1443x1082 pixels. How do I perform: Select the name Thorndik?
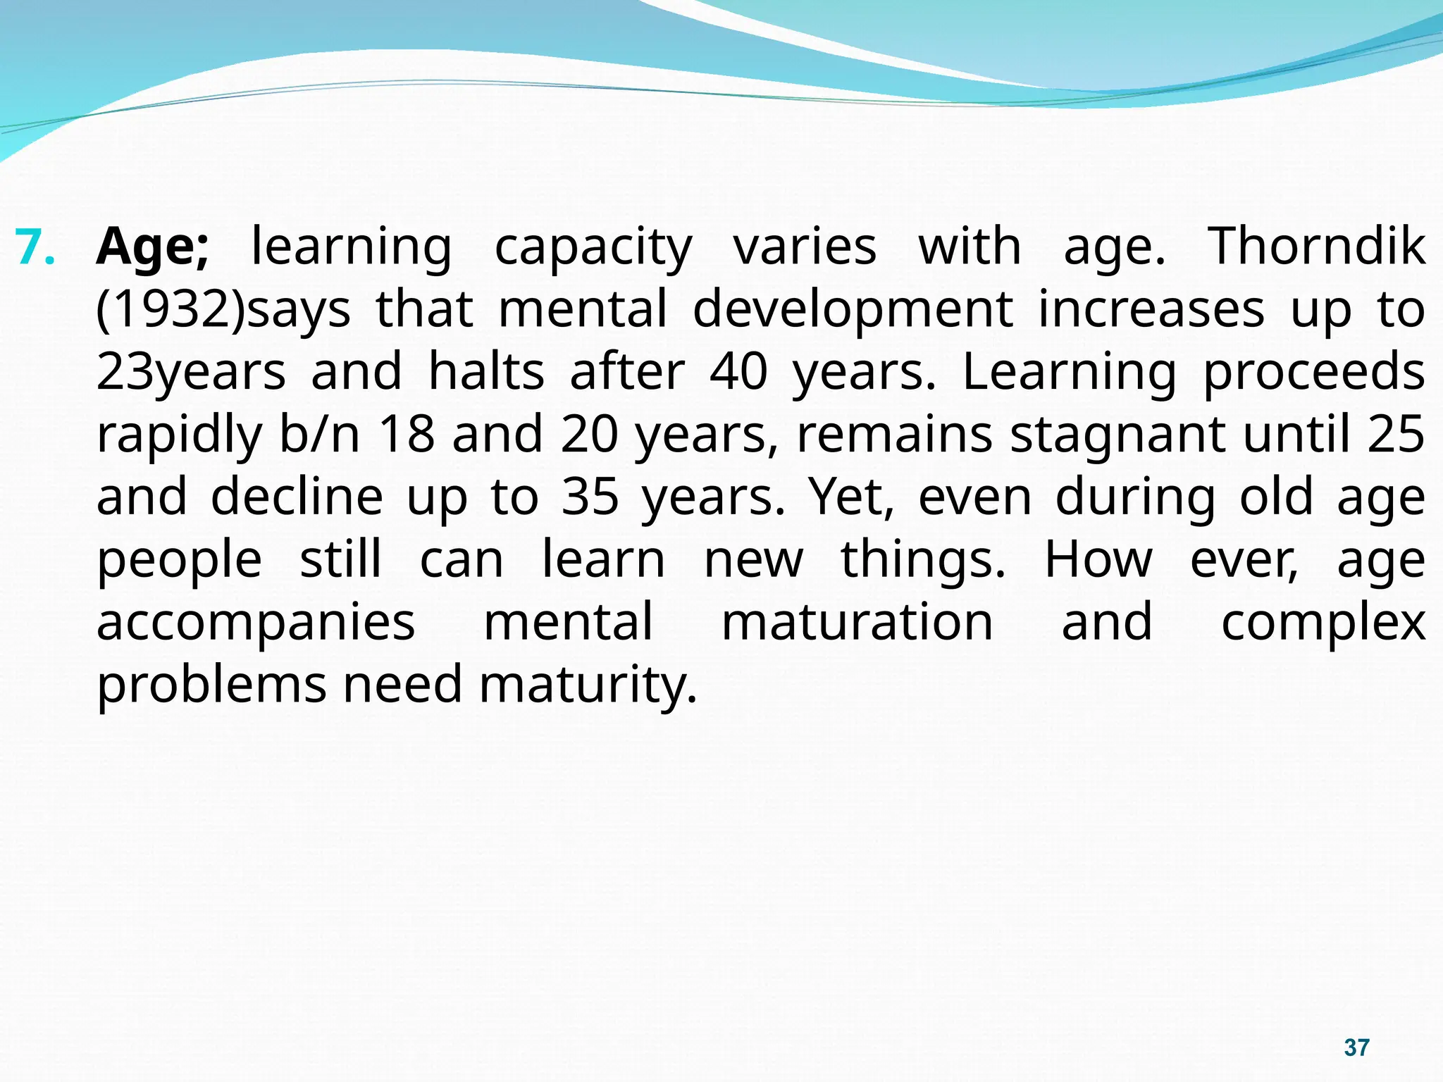pyautogui.click(x=1316, y=247)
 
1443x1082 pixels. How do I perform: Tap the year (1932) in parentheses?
pyautogui.click(x=171, y=310)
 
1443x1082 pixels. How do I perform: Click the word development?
pyautogui.click(x=853, y=310)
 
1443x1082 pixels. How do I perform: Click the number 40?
pyautogui.click(x=738, y=372)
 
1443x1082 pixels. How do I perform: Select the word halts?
pyautogui.click(x=486, y=372)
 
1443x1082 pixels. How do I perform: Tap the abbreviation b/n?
pyautogui.click(x=319, y=435)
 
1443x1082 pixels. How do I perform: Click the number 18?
pyautogui.click(x=407, y=435)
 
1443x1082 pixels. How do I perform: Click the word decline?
pyautogui.click(x=297, y=497)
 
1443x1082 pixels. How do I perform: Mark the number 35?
pyautogui.click(x=590, y=497)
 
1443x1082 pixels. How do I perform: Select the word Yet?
pyautogui.click(x=850, y=497)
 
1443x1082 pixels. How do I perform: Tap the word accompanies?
pyautogui.click(x=256, y=623)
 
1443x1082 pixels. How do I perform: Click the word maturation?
pyautogui.click(x=857, y=623)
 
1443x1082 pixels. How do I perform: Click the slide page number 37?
pyautogui.click(x=1356, y=1047)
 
